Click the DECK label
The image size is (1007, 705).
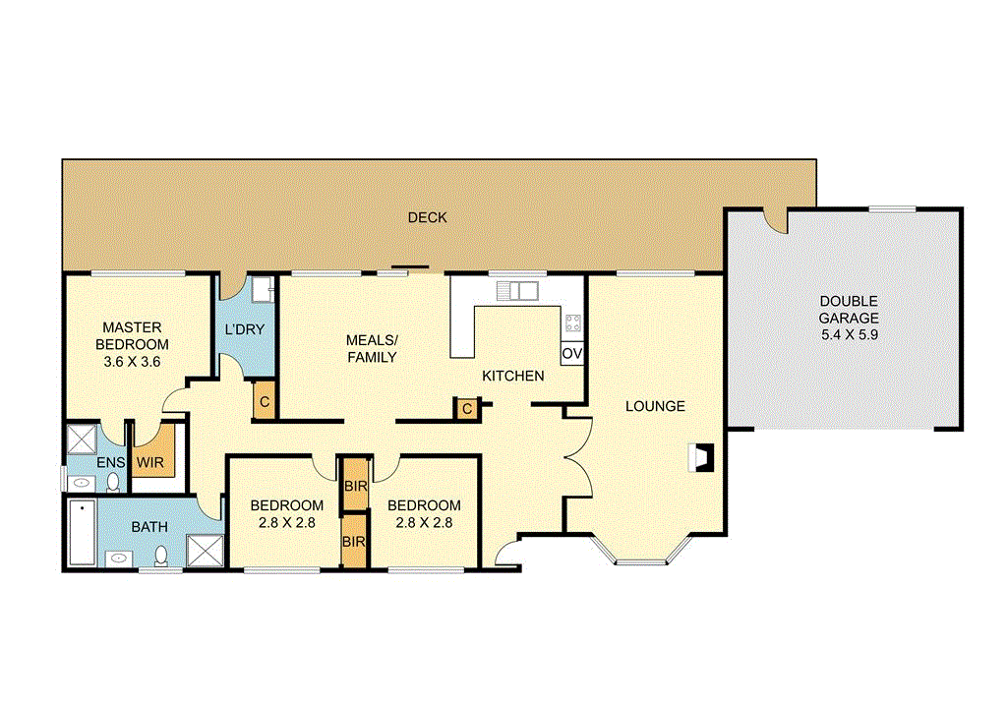pyautogui.click(x=427, y=217)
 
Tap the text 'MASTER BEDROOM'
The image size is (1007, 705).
pyautogui.click(x=132, y=336)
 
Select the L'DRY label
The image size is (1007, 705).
pyautogui.click(x=244, y=329)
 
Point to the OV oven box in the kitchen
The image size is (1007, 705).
pyautogui.click(x=572, y=353)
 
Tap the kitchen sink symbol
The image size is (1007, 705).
pyautogui.click(x=515, y=290)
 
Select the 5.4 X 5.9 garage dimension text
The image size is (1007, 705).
pyautogui.click(x=850, y=335)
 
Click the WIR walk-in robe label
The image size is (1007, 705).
pyautogui.click(x=150, y=461)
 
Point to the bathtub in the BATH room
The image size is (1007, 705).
pyautogui.click(x=83, y=532)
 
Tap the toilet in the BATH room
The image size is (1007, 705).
pyautogui.click(x=161, y=558)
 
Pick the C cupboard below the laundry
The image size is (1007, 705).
pyautogui.click(x=264, y=401)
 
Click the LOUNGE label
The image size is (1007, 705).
pyautogui.click(x=655, y=406)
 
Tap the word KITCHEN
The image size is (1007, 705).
pyautogui.click(x=512, y=376)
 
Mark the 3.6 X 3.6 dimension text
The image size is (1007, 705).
pyautogui.click(x=132, y=362)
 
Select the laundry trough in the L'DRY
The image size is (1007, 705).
pyautogui.click(x=261, y=289)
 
